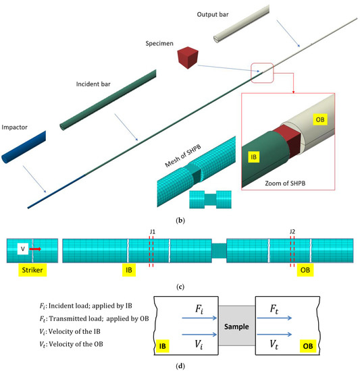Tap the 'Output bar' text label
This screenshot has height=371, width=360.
click(216, 14)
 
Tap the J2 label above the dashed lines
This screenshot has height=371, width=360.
click(292, 231)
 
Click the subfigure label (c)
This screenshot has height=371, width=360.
click(180, 287)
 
